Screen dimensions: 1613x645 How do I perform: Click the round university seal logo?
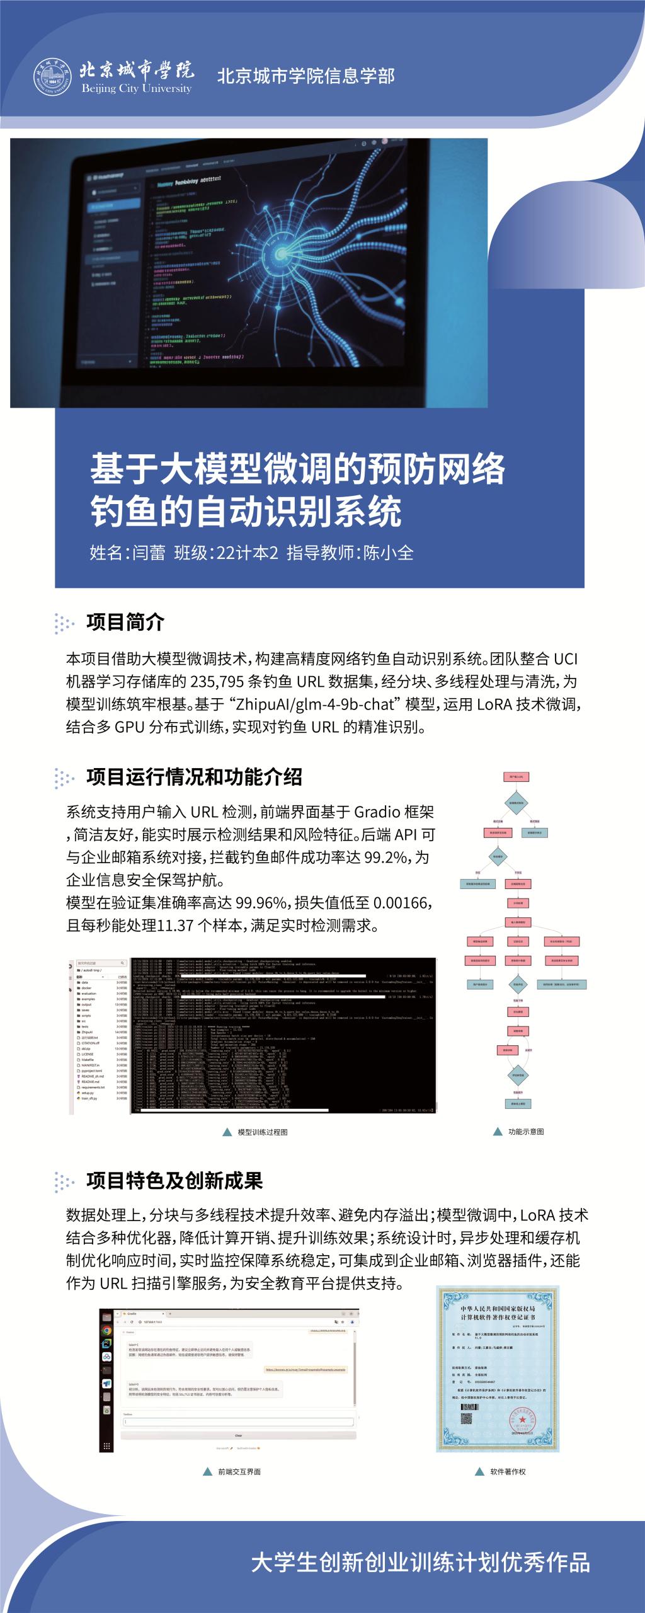click(52, 78)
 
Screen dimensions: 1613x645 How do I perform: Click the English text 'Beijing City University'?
click(136, 89)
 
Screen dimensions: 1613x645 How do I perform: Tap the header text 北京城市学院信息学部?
click(305, 76)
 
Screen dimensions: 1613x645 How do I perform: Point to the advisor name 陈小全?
click(389, 553)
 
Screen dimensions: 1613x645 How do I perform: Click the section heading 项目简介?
click(125, 623)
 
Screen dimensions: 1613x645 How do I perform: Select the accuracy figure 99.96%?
click(261, 903)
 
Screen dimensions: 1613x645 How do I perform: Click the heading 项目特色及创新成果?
click(174, 1181)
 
